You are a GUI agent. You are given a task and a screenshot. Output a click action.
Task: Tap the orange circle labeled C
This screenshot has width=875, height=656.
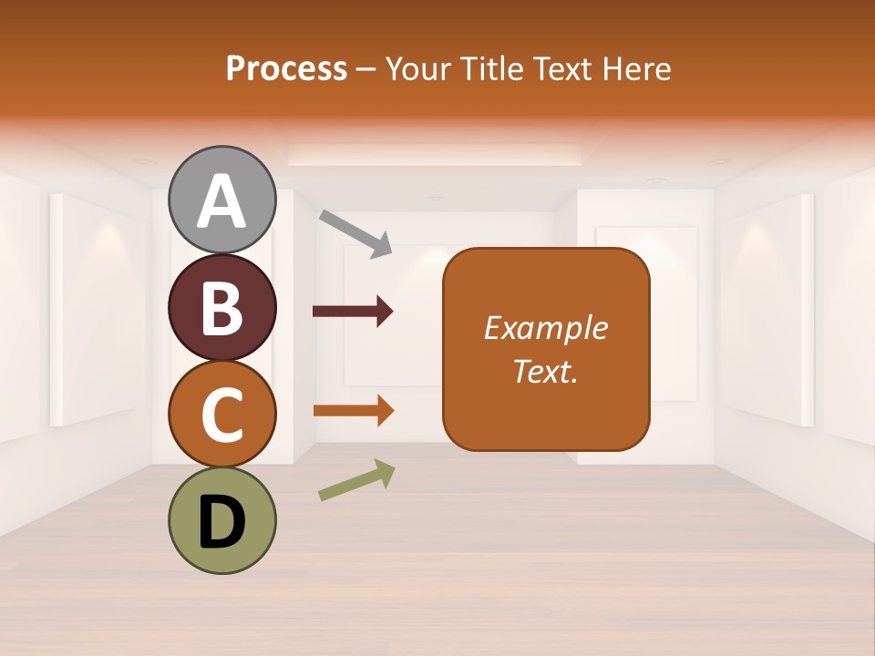pos(222,414)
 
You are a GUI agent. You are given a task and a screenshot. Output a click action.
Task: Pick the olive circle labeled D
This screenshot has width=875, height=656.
pos(222,520)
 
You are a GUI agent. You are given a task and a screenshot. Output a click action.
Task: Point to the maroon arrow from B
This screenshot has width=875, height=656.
pos(352,312)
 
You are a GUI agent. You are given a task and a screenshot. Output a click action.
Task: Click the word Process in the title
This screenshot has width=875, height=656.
pos(286,69)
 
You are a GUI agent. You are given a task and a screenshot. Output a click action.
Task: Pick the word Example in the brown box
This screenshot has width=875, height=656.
pos(546,328)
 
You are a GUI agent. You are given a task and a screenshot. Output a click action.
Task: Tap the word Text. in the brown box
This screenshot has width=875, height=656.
pos(546,371)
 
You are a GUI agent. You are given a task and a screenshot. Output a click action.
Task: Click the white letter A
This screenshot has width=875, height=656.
pos(222,201)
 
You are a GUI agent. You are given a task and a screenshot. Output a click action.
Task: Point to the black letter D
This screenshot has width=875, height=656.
pos(222,523)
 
